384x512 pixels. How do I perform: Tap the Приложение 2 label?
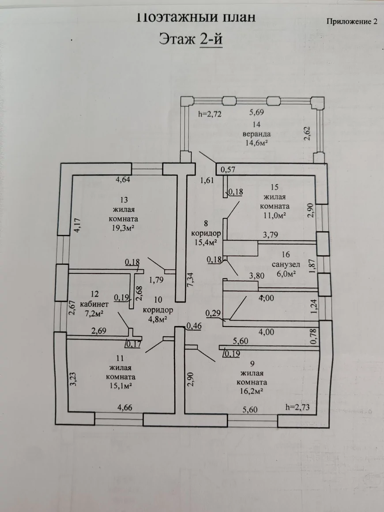coord(352,22)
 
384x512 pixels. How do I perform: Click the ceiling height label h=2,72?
coord(209,114)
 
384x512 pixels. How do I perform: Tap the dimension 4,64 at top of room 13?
coord(124,180)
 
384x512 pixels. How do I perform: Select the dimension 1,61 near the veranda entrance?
coord(207,180)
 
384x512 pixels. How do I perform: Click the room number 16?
coord(285,255)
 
